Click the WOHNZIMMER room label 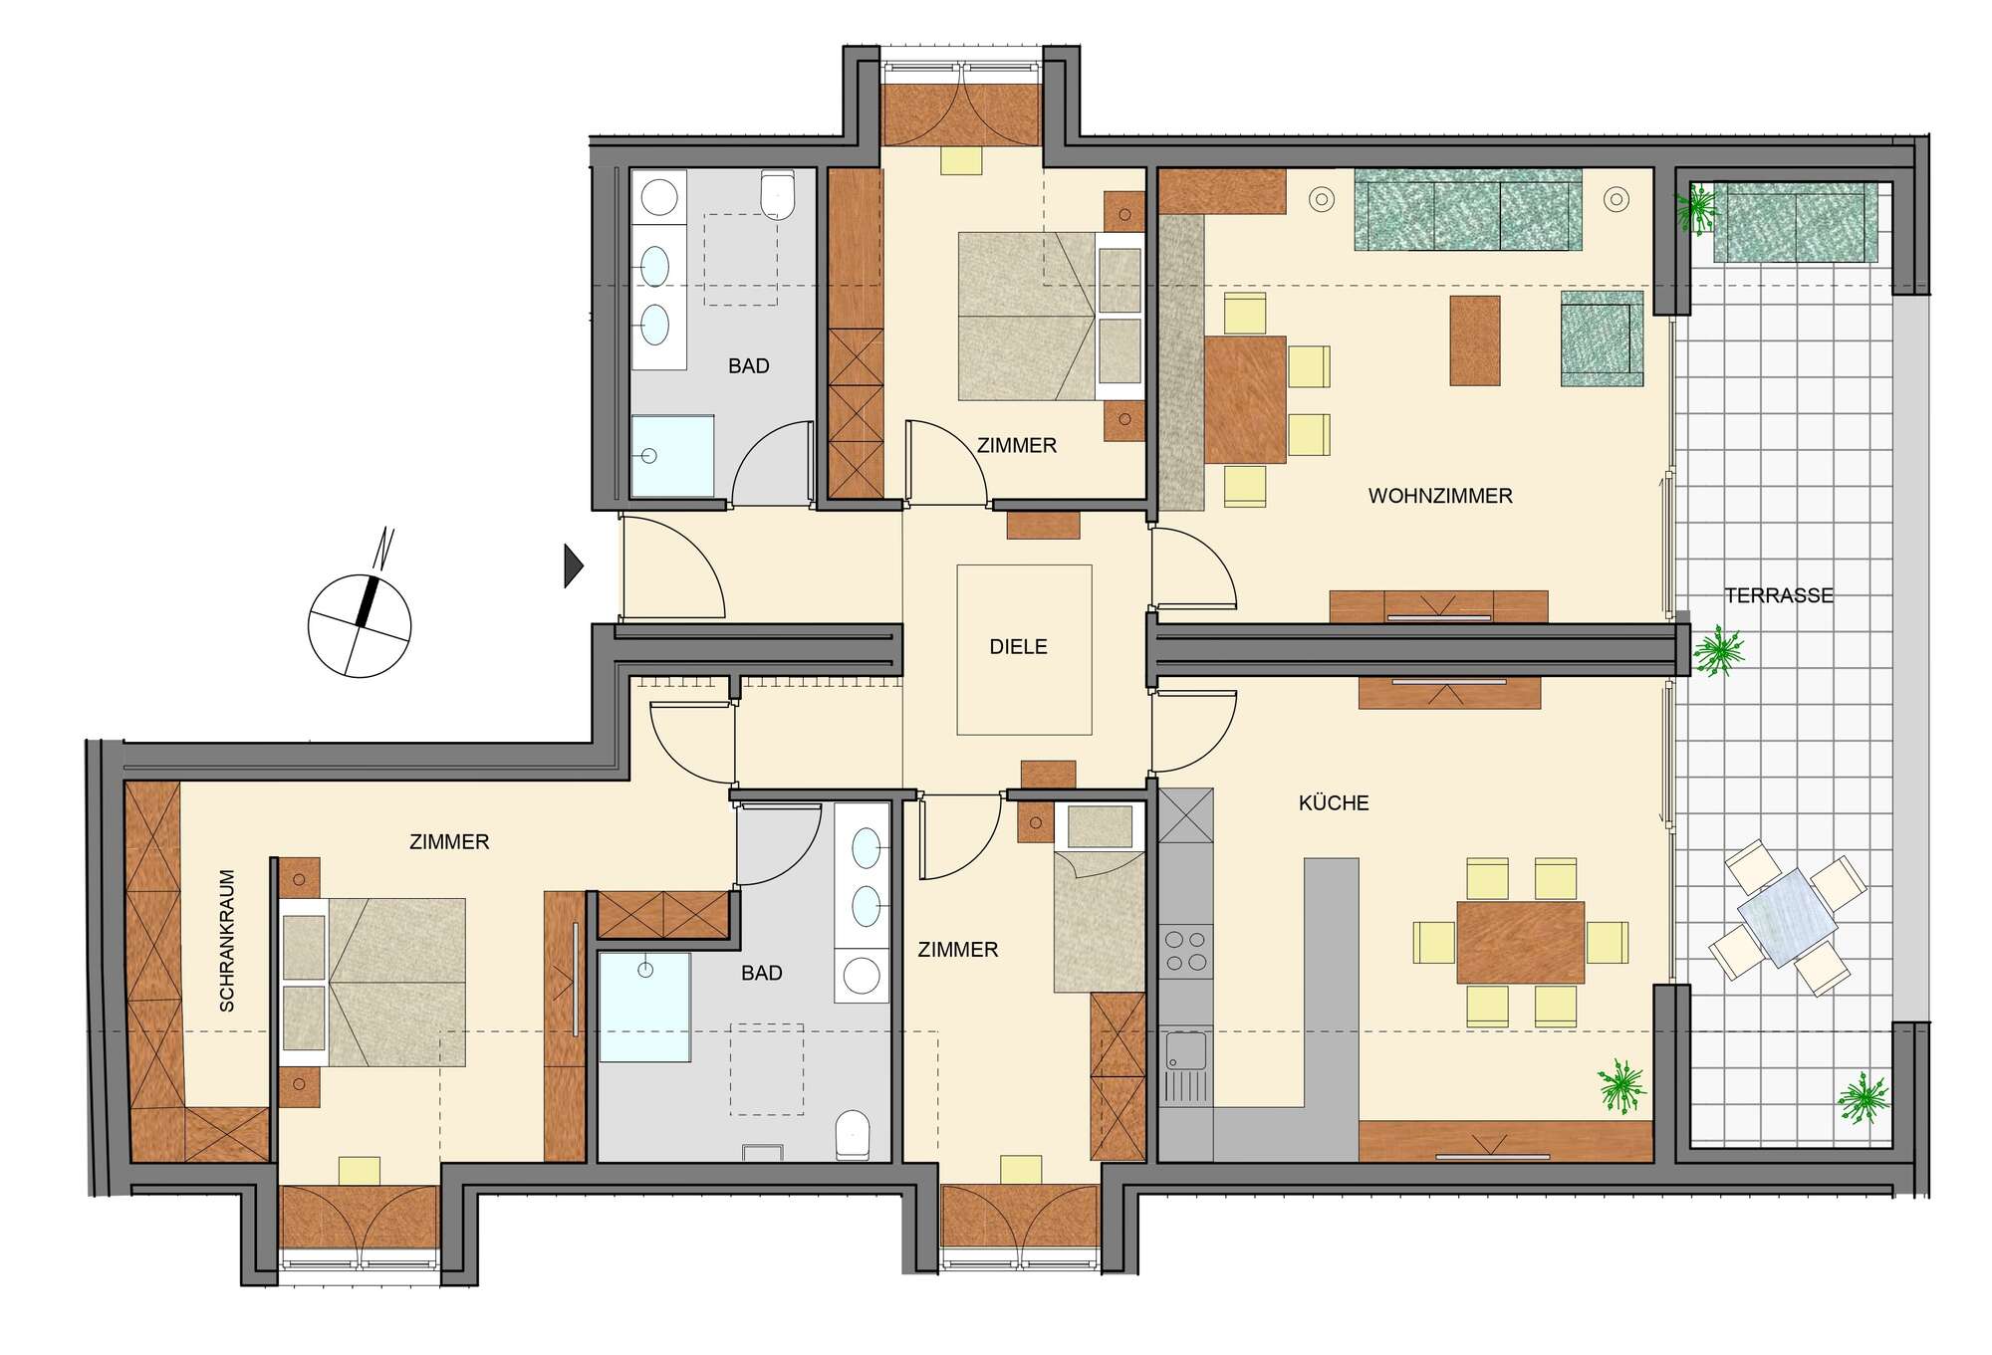click(1440, 496)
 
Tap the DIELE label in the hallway click(1018, 647)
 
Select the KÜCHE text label click(1334, 802)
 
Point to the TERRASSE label click(1779, 595)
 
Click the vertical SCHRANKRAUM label click(227, 941)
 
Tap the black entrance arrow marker click(574, 565)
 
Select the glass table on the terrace click(1788, 917)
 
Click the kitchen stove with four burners click(1186, 950)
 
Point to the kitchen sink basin click(1184, 1050)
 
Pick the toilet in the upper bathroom click(777, 195)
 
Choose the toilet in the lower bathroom click(853, 1135)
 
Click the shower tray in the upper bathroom click(672, 456)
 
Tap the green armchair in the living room click(1602, 339)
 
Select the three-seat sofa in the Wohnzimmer click(1468, 210)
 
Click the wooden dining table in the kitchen click(1520, 942)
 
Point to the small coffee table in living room click(1475, 340)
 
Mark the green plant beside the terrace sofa click(1697, 208)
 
